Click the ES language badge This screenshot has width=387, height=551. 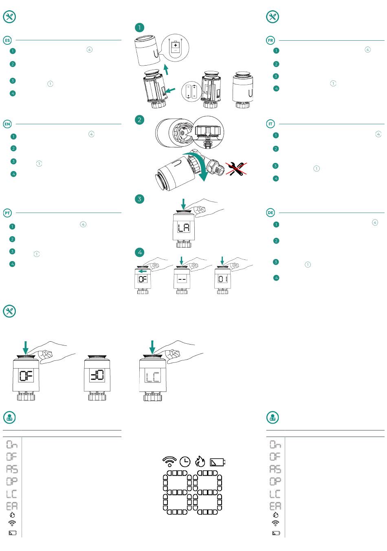coord(7,40)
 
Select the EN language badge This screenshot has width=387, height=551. coord(7,124)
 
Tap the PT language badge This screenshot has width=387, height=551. coord(7,213)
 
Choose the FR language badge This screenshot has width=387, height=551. coord(270,40)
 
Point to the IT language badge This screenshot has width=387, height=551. coord(270,124)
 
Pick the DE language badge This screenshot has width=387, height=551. coord(270,213)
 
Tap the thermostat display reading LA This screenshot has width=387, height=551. coord(184,228)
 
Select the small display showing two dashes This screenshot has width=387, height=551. coord(182,279)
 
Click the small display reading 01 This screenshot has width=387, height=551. coord(222,279)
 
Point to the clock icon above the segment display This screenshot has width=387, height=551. coord(185,461)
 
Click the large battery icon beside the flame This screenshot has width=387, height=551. coord(217,462)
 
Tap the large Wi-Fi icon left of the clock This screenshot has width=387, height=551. coord(169,461)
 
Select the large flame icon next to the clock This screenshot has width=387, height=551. coord(200,461)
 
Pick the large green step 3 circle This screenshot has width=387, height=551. coord(140,199)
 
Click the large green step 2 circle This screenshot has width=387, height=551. coord(140,120)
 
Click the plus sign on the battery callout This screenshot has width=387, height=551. coord(176,46)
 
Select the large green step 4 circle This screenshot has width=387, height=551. coord(140,252)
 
